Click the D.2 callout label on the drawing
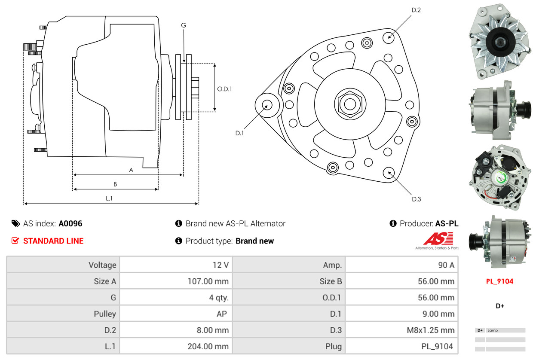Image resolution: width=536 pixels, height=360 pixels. (416, 10)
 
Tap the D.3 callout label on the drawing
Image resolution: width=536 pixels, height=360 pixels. (416, 199)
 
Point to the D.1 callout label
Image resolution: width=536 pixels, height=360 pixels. (239, 133)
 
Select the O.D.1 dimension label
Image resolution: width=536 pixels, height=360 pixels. (224, 89)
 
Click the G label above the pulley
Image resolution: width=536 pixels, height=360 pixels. (184, 25)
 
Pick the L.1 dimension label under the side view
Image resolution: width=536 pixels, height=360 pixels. (109, 198)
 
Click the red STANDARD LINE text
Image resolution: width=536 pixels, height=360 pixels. (53, 241)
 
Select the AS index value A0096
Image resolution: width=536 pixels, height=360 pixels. (70, 223)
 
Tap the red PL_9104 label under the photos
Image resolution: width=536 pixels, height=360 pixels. (499, 281)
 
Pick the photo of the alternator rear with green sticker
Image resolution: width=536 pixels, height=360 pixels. (499, 177)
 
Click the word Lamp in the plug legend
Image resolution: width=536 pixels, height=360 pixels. (493, 330)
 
